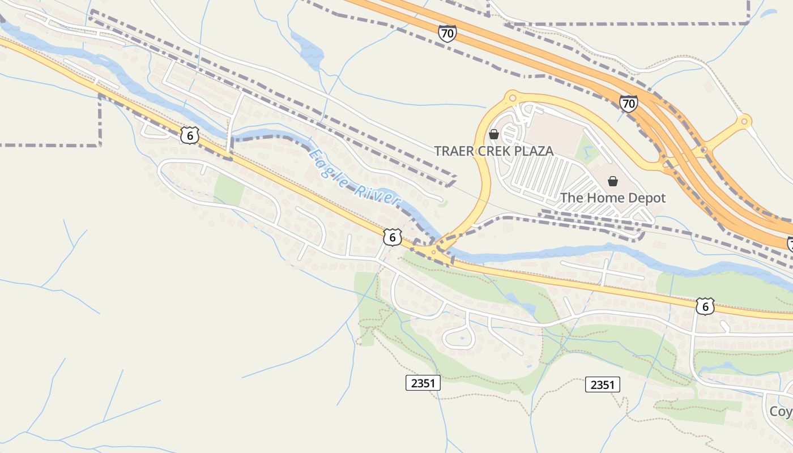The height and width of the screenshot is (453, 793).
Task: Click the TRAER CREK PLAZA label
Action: [493, 151]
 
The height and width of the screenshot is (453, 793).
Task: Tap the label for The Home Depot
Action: [613, 198]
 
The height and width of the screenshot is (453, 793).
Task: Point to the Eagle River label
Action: [354, 178]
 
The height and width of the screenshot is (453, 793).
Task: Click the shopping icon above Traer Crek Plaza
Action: [494, 134]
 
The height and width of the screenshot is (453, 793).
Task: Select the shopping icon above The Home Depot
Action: [612, 181]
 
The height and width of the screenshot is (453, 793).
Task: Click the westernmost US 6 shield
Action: [190, 135]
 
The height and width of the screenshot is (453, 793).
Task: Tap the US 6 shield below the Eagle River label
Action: [392, 237]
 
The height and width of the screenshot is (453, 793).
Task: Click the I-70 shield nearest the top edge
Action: [447, 33]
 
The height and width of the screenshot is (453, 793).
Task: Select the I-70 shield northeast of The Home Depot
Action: [628, 104]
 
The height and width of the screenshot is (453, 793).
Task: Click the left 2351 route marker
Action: [423, 383]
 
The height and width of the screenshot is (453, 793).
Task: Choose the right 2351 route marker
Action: [602, 385]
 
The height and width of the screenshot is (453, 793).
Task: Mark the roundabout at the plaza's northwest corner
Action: [513, 97]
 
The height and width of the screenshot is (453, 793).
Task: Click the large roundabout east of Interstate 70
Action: [744, 121]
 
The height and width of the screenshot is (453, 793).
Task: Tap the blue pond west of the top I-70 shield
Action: [308, 49]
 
